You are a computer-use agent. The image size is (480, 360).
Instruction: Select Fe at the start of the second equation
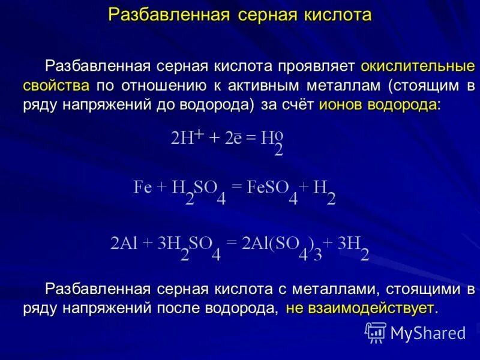tap(142, 188)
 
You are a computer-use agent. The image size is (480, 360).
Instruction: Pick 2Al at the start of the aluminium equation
tap(124, 244)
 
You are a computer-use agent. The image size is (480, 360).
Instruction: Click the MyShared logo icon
tap(376, 332)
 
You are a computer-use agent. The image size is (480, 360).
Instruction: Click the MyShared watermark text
tap(427, 332)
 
